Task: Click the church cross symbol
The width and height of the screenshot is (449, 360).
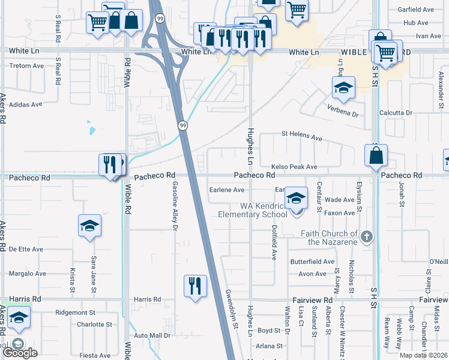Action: point(367,237)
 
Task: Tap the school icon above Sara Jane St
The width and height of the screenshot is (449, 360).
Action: point(89,226)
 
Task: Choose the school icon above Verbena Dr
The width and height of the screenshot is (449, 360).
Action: point(343,88)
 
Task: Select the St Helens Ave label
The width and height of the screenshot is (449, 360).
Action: point(302,137)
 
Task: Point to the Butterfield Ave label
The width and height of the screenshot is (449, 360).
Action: point(312,262)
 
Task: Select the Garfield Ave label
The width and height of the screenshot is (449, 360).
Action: point(419,10)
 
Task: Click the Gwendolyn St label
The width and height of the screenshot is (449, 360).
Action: point(231,307)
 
